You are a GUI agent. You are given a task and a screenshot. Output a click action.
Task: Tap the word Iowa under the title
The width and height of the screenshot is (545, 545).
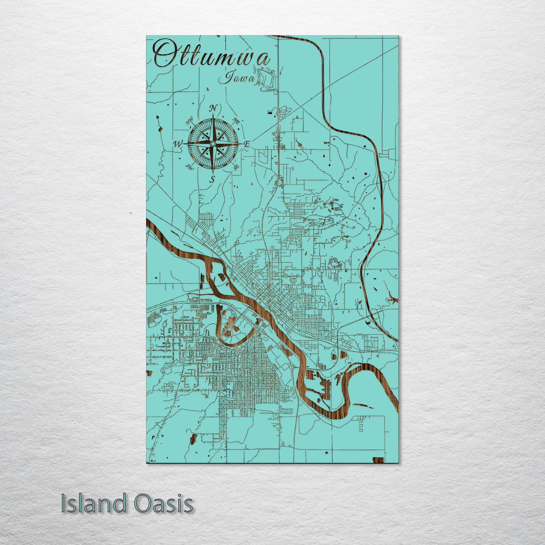238,78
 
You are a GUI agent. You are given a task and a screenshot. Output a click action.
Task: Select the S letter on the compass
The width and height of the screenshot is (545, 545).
213,179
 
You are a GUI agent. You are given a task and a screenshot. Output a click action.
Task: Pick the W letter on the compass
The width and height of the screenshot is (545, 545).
178,144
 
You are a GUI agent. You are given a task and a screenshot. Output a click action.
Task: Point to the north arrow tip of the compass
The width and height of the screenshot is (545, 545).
213,114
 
